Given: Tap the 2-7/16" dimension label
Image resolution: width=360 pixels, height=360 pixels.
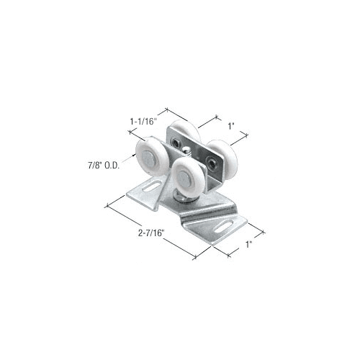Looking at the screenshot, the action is point(151,233).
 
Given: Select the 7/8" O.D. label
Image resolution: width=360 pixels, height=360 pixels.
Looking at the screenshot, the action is point(104,166).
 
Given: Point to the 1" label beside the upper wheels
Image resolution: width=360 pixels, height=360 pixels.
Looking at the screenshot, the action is point(231,126).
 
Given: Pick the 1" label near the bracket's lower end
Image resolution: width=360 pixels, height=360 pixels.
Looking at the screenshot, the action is point(248,245).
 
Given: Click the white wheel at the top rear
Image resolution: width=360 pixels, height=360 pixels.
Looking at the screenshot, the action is point(185,131).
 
